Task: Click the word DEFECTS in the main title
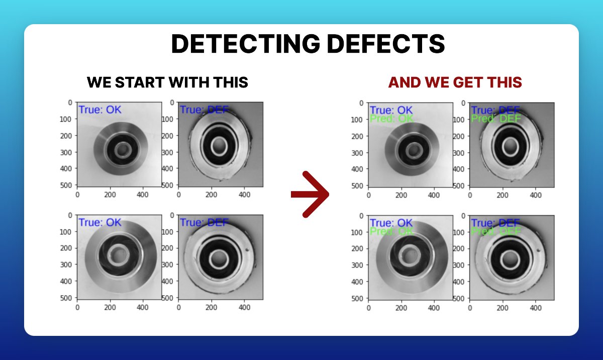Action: click(382, 45)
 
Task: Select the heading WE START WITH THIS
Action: click(167, 82)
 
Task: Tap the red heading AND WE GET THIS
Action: click(455, 82)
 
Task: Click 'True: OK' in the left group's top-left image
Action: click(99, 110)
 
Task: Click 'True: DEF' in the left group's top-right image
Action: click(204, 110)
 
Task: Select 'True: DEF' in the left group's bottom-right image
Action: click(204, 222)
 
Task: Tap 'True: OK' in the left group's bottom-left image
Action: click(99, 222)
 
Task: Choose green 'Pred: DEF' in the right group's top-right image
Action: click(495, 119)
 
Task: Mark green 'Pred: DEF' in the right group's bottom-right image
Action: click(495, 232)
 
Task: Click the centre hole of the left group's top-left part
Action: click(121, 149)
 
